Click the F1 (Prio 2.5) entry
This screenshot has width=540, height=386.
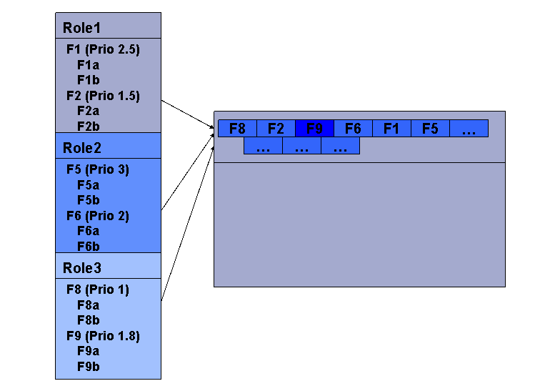tap(103, 50)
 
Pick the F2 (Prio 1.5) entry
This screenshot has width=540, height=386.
tap(103, 96)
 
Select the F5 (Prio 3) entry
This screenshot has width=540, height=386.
tap(98, 170)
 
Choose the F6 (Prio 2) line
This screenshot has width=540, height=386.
tap(98, 216)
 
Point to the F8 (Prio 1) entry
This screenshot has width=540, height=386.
tap(98, 290)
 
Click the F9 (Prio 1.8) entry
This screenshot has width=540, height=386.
tap(103, 336)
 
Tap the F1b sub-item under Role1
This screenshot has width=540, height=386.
tap(88, 80)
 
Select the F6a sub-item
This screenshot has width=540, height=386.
tap(88, 231)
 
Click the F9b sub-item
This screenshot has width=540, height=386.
tap(88, 367)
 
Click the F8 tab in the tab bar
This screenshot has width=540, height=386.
tap(237, 129)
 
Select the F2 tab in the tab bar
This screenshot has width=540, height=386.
tap(276, 129)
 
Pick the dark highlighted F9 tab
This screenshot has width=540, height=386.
tap(314, 129)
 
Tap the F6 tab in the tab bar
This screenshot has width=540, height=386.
tap(353, 129)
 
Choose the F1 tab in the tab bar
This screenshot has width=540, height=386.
tap(391, 129)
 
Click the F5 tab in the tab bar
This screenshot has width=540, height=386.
tap(430, 129)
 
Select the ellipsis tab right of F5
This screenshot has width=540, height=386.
tap(469, 129)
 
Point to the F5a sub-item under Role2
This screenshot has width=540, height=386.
tap(88, 185)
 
